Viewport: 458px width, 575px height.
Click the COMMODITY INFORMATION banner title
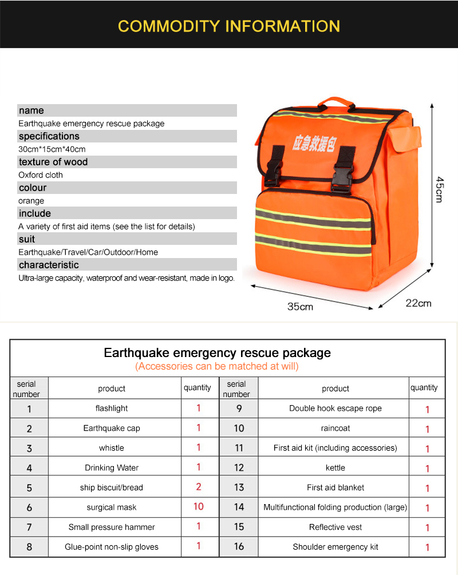point(229,26)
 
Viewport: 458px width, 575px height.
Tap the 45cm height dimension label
point(439,189)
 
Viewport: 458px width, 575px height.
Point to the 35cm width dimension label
point(300,307)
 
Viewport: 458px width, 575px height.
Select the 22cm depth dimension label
point(418,303)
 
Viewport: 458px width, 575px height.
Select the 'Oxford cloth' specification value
point(41,175)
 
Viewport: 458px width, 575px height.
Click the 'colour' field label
point(33,188)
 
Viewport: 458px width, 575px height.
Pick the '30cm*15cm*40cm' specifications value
point(52,149)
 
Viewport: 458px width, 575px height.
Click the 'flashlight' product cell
point(112,409)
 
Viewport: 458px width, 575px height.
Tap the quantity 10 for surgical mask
point(199,506)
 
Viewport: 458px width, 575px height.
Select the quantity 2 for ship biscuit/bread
point(199,487)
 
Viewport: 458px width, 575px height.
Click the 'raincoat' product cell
point(335,428)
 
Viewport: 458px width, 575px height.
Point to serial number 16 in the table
point(239,547)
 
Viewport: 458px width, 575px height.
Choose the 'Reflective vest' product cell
point(335,527)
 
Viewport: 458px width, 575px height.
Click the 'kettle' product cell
point(335,467)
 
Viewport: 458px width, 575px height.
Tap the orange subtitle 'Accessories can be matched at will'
point(217,366)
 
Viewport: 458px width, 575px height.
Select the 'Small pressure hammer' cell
point(112,527)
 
